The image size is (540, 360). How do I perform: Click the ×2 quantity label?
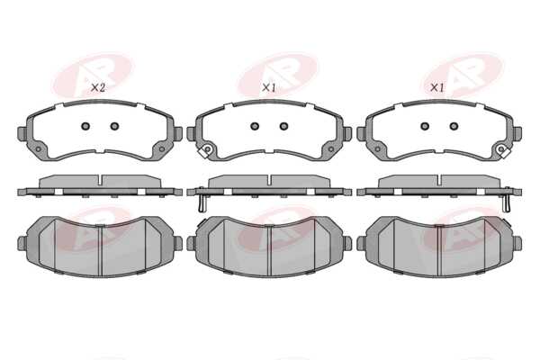98,88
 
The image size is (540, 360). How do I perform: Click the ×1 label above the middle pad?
269,88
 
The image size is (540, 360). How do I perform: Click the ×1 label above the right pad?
437,88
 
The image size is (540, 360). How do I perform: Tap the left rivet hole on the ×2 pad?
85,126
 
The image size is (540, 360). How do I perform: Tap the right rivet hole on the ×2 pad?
114,126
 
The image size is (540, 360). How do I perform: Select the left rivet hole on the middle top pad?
255,126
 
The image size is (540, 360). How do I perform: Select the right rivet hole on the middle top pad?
283,126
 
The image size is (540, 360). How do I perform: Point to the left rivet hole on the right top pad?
425,126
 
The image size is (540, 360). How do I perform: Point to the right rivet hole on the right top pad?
454,126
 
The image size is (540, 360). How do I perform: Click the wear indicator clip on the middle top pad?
205,151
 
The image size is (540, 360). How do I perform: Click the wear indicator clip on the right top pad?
503,150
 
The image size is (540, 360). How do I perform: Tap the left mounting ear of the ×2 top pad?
22,133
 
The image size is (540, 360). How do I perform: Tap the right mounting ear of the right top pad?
517,134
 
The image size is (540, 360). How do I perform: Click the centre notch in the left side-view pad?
100,181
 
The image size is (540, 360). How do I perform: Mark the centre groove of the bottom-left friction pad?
100,250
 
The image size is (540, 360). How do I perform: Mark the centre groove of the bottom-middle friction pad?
269,250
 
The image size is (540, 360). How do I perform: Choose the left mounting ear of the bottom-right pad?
362,244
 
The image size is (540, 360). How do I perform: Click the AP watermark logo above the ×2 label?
93,74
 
